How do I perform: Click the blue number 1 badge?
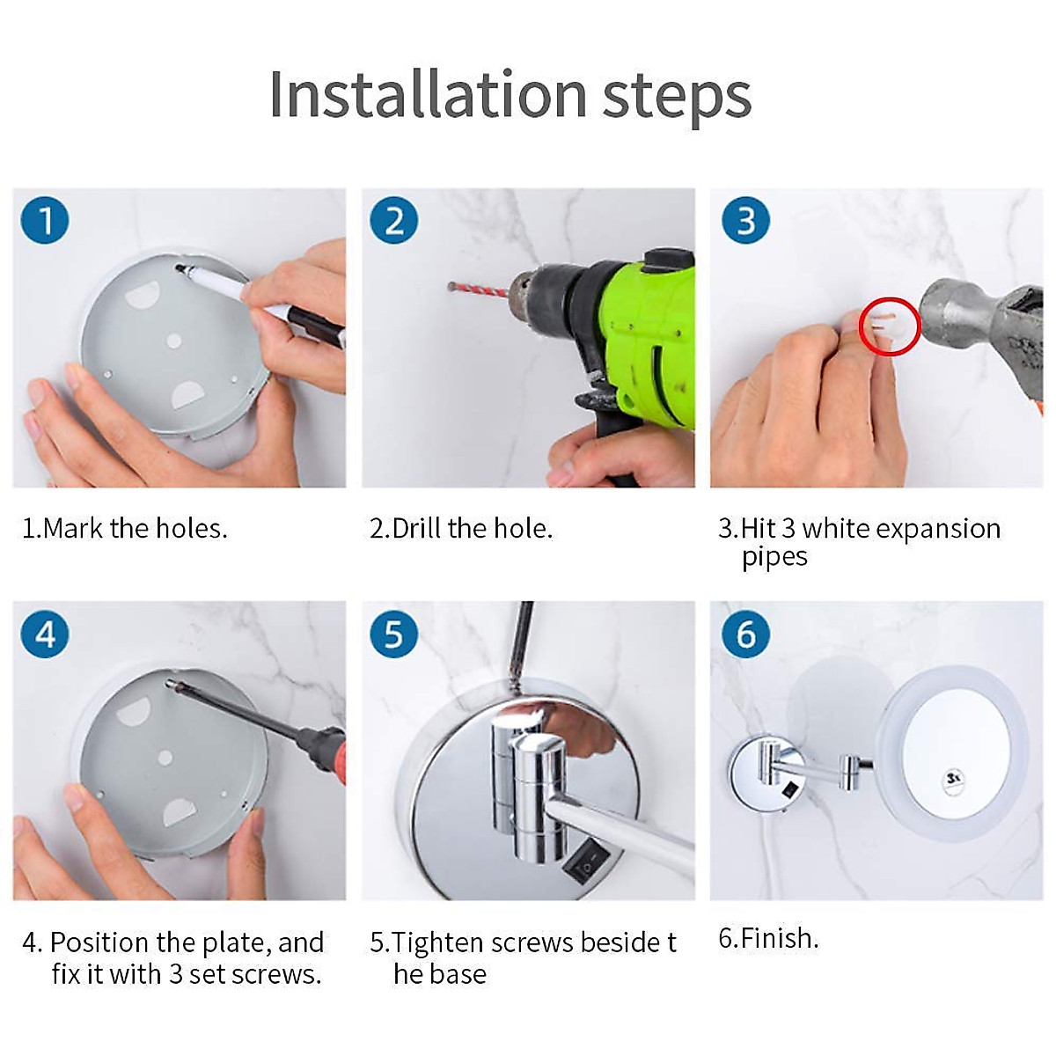coord(45,220)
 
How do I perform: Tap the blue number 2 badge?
coord(394,220)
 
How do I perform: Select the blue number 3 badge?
coord(746,220)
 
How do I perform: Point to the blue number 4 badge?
coord(45,634)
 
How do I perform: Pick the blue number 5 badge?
coord(394,634)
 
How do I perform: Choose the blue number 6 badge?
coord(746,634)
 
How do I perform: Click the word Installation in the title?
coord(428,95)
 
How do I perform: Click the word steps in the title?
coord(677,99)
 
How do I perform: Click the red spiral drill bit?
coord(480,290)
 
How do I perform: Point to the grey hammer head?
coord(981,331)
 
